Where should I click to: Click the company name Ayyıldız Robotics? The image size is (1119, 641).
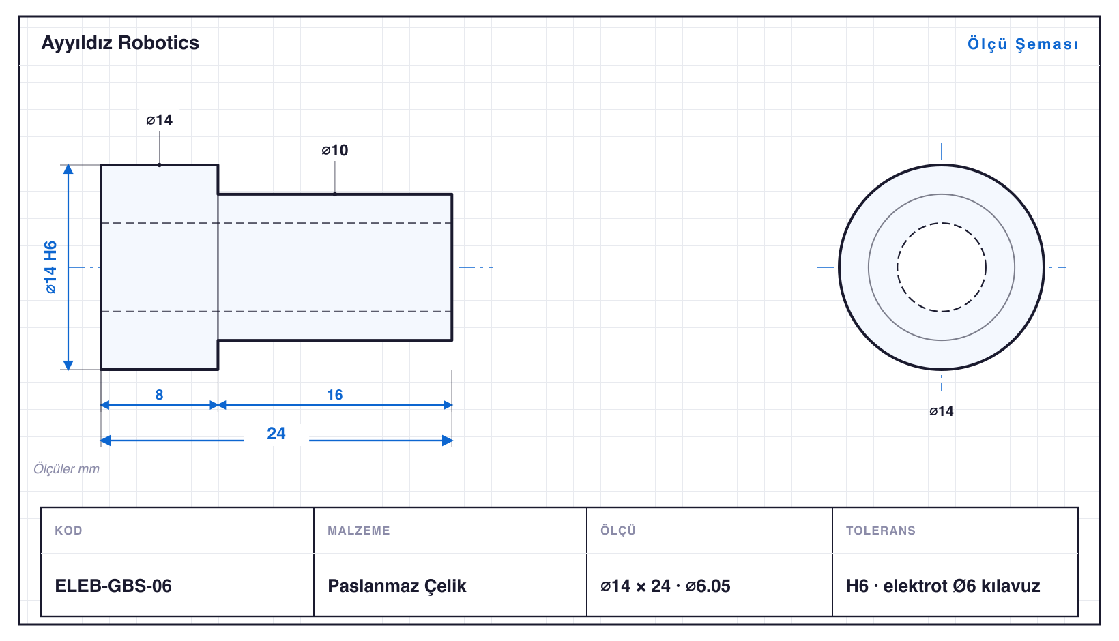pos(120,44)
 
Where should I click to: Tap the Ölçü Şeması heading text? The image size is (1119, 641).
pos(1023,44)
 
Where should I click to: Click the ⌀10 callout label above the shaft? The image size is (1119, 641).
pos(335,150)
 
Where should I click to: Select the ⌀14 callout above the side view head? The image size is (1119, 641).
pos(160,120)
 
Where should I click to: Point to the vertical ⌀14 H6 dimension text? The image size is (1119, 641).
pos(50,267)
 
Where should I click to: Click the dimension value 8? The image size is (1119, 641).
pos(160,395)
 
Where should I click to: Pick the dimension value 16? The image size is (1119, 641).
pos(335,395)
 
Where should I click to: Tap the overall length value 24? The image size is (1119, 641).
pos(276,433)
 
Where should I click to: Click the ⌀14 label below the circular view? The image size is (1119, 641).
pos(941,411)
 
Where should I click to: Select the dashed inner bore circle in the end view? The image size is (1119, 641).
pos(942,223)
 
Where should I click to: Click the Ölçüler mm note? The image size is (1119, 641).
pos(66,469)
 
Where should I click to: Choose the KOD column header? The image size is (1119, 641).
pos(68,530)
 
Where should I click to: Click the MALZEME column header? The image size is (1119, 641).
pos(359,530)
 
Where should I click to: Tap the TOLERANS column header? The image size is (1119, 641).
pos(881,530)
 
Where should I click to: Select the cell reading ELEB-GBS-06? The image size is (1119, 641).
pos(113,586)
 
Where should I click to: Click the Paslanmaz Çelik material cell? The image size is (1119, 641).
pos(396,586)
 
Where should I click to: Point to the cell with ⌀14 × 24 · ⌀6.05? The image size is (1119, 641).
pos(665,586)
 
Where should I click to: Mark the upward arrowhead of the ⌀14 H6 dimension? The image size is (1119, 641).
pos(68,169)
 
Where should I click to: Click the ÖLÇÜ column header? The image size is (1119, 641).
pos(618,530)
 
